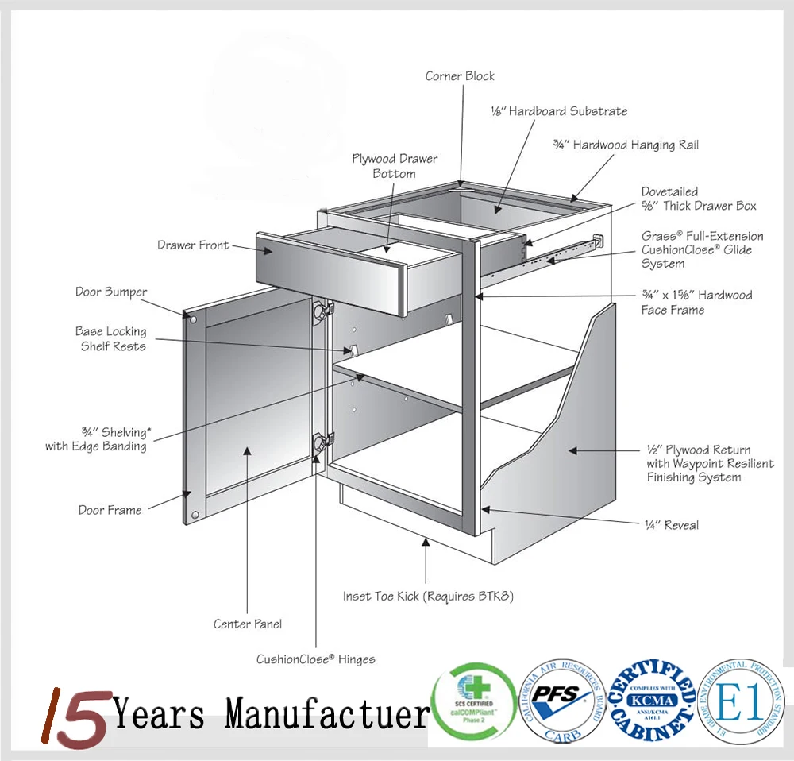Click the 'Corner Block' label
460,76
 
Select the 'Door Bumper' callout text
111,292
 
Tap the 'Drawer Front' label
193,245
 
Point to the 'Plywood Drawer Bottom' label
395,166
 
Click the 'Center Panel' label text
248,624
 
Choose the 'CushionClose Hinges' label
315,659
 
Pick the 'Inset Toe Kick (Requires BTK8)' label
428,596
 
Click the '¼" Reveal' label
671,525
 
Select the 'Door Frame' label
110,510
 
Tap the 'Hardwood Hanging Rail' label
626,145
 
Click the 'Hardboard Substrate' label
559,111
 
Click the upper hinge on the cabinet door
322,312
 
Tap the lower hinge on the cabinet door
322,442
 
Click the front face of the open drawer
330,270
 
